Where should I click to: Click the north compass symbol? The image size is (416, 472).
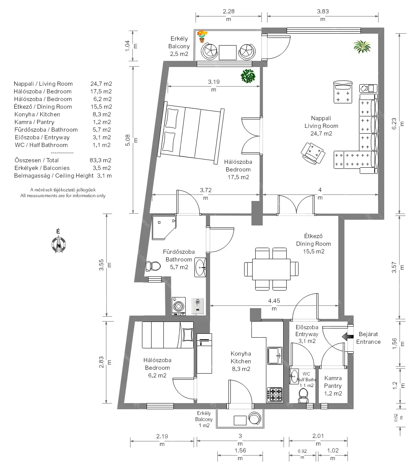[x=59, y=244]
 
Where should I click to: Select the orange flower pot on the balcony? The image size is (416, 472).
[x=202, y=36]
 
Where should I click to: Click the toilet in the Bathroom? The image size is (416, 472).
[x=153, y=266]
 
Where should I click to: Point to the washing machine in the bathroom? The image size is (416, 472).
[x=179, y=306]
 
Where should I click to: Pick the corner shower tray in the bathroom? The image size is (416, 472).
[x=164, y=227]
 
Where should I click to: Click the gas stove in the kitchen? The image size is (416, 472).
[x=275, y=395]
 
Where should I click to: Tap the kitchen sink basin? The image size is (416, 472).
[x=275, y=356]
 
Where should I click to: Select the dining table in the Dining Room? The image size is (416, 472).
[x=271, y=269]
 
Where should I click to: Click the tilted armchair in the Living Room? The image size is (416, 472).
[x=313, y=153]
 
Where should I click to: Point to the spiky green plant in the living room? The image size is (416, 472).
[x=362, y=46]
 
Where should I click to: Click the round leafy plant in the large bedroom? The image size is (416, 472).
[x=248, y=76]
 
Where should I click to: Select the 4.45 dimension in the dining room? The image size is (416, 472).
[x=274, y=301]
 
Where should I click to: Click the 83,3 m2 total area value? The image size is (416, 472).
[x=100, y=160]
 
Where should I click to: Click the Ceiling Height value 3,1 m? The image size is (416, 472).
[x=104, y=176]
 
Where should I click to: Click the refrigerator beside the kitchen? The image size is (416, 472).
[x=204, y=353]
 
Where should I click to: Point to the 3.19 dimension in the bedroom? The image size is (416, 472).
[x=214, y=82]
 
